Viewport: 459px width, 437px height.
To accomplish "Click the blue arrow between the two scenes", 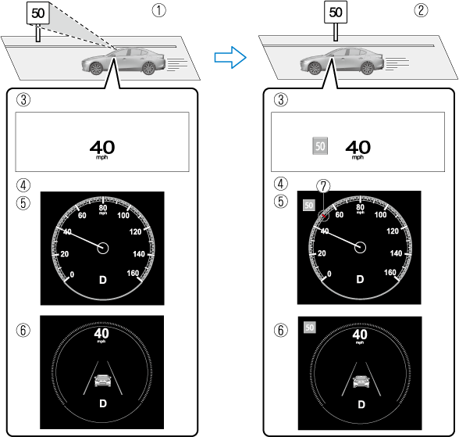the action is pos(230,57).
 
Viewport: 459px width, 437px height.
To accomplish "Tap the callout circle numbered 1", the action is pos(158,10).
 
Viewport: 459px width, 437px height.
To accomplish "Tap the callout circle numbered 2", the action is pos(421,10).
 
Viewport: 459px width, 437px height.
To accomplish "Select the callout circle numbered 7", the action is pos(323,186).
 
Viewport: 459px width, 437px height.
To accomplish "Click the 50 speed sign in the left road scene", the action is pos(37,13).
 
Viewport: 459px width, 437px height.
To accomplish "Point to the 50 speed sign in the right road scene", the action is pos(336,12).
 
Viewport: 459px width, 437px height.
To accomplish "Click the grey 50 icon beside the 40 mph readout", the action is pos(320,146).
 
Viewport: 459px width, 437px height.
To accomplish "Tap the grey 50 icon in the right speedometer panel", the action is pos(309,205).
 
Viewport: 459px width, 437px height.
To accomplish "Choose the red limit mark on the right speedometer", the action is pos(324,216).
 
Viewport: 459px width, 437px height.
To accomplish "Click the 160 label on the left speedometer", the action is pos(133,273).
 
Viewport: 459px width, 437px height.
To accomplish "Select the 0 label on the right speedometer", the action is pos(329,274).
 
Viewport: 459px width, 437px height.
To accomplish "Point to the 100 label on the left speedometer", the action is pos(123,216).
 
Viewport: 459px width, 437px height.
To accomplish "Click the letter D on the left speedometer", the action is pos(103,280).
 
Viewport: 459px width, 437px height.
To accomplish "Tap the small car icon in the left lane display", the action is pos(103,381).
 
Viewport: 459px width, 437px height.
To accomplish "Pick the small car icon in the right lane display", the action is pos(361,381).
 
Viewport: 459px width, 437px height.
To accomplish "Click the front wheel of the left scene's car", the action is pos(96,68).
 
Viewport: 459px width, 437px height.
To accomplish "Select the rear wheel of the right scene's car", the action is pos(368,68).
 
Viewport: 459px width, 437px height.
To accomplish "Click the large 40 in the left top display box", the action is pos(102,147).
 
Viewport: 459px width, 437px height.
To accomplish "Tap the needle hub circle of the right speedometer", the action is pos(360,247).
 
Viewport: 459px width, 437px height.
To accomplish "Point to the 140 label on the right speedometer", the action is pos(396,253).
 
